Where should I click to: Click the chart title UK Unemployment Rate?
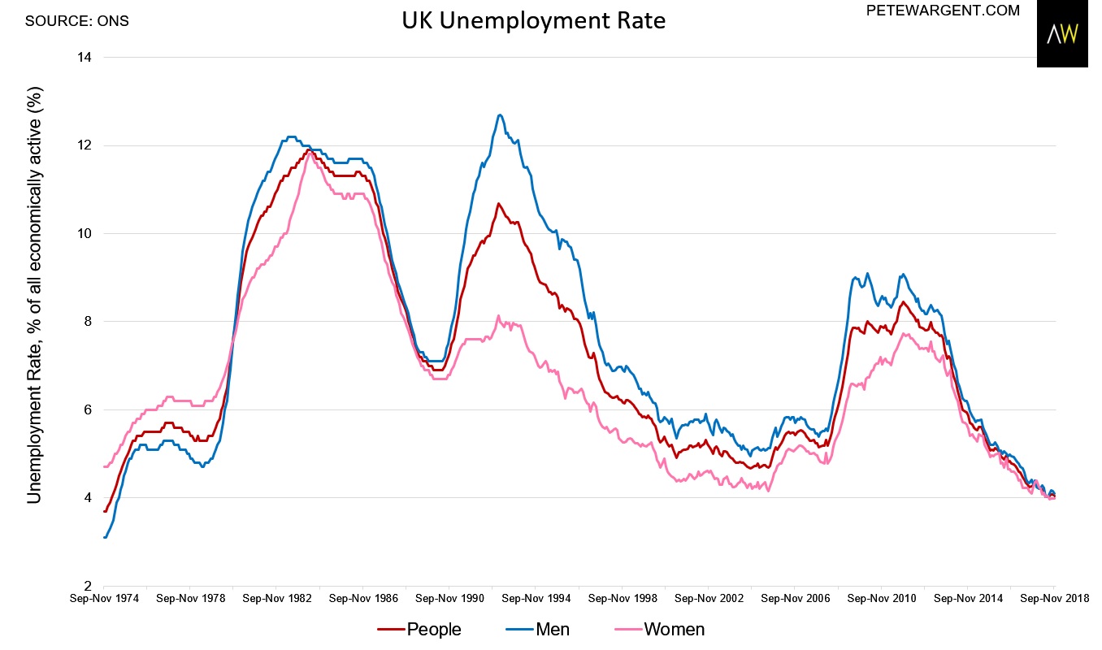pyautogui.click(x=533, y=20)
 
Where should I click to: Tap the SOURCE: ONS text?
pyautogui.click(x=76, y=19)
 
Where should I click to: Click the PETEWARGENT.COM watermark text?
pyautogui.click(x=944, y=11)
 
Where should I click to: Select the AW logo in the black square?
pyautogui.click(x=1061, y=34)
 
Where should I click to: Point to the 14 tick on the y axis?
pyautogui.click(x=85, y=58)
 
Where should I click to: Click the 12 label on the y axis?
pyautogui.click(x=85, y=145)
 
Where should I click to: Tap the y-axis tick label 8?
pyautogui.click(x=88, y=322)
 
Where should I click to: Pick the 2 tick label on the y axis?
pyautogui.click(x=88, y=586)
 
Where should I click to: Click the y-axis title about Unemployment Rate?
pyautogui.click(x=35, y=321)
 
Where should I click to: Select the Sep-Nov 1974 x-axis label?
pyautogui.click(x=103, y=599)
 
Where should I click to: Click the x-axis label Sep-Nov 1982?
pyautogui.click(x=276, y=599)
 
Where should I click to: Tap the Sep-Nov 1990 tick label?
pyautogui.click(x=449, y=599)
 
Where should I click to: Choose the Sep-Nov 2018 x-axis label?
pyautogui.click(x=1053, y=599)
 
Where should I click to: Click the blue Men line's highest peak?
pyautogui.click(x=499, y=115)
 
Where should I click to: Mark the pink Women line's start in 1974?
pyautogui.click(x=105, y=466)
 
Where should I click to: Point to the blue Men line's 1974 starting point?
pyautogui.click(x=105, y=537)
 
